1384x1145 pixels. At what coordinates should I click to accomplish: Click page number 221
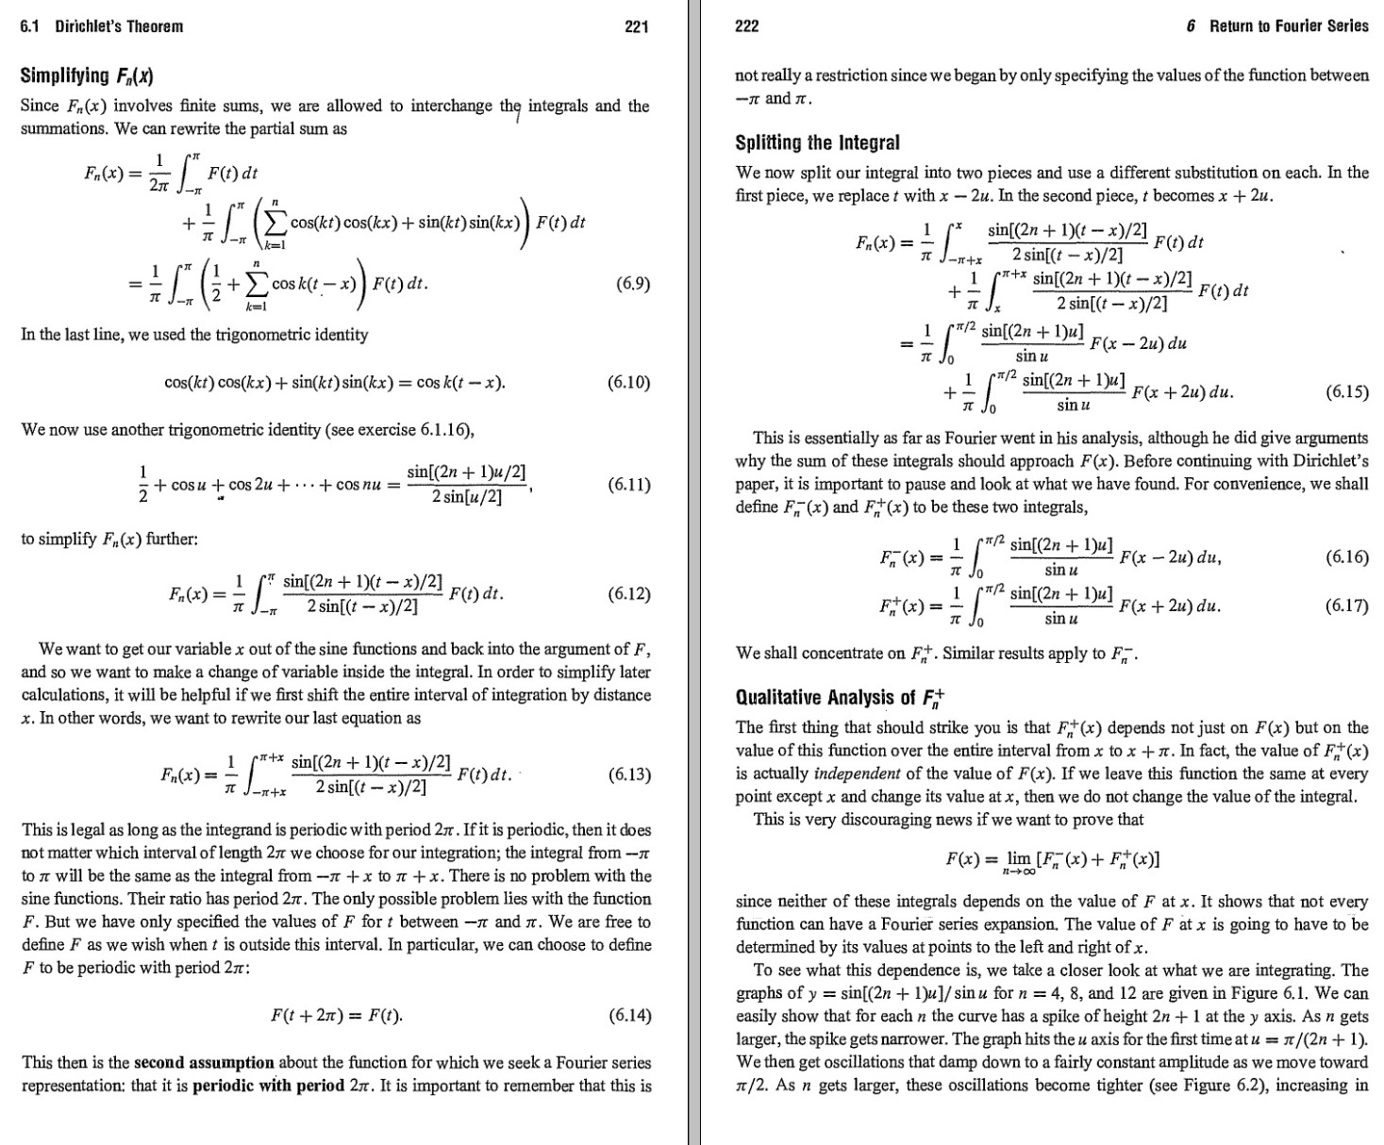coord(637,26)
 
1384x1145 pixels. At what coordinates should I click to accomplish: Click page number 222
coord(746,26)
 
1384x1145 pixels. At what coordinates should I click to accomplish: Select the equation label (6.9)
coord(631,283)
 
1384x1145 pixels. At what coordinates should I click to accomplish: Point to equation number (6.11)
coord(629,485)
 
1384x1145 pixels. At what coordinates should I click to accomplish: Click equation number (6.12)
coord(629,593)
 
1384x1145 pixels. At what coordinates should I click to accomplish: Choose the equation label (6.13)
coord(629,775)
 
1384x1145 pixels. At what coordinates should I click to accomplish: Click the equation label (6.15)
coord(1346,392)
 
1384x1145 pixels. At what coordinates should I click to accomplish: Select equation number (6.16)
coord(1346,557)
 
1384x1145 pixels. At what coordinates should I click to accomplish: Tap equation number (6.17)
coord(1346,606)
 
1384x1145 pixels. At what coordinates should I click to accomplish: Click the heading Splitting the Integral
coord(817,143)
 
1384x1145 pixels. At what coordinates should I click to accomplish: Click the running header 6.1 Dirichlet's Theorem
coord(102,26)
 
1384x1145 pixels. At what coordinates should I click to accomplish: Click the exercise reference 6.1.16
coord(442,430)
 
